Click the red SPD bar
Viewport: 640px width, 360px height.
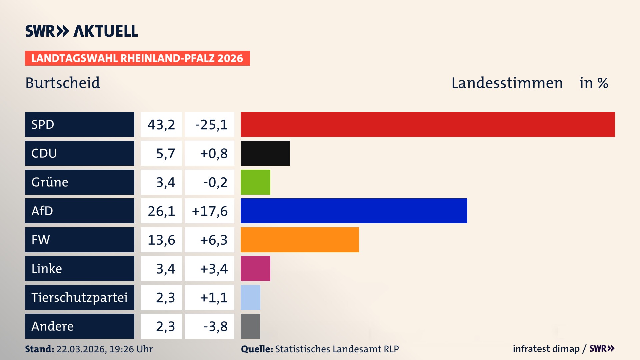tap(428, 124)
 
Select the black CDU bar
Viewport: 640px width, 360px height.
tap(265, 153)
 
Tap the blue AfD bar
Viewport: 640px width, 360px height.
tap(354, 211)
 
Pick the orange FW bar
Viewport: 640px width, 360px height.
tap(300, 240)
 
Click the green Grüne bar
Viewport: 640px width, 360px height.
tap(255, 182)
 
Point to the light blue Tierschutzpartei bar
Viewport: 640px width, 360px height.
tap(250, 297)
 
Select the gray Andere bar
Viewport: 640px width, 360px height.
tap(250, 326)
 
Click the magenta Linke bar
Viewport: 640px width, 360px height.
tap(255, 268)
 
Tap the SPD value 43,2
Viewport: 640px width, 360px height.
tap(161, 125)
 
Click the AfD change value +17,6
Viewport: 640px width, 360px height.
tap(210, 211)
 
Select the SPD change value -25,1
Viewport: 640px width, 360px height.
tap(211, 125)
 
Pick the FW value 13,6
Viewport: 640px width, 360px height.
tap(161, 240)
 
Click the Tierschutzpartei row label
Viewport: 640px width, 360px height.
tap(79, 297)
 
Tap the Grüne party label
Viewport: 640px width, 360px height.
tap(50, 182)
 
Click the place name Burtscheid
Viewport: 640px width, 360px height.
tap(63, 83)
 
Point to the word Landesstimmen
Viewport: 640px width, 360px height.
tap(507, 83)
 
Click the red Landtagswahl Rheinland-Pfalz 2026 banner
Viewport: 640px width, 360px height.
tap(137, 58)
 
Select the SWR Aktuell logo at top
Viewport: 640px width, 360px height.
tap(82, 31)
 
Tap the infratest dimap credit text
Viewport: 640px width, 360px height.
tap(546, 349)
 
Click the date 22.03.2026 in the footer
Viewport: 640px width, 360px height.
tap(81, 349)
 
